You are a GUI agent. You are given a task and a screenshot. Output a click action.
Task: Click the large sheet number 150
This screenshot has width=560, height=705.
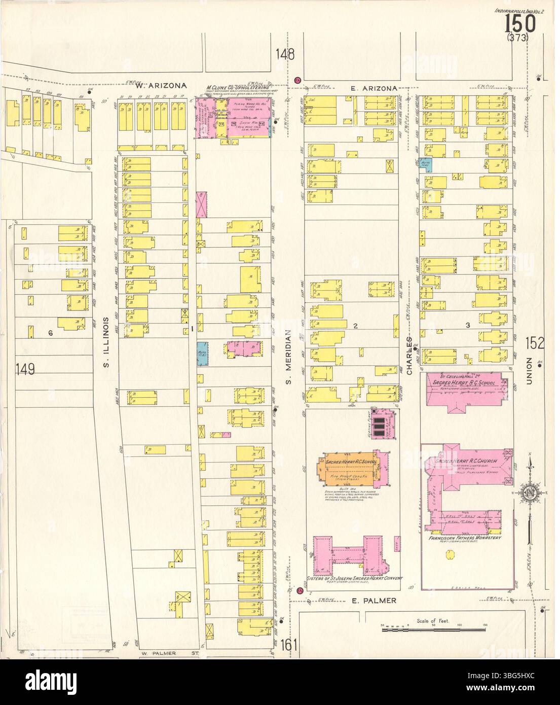coord(520,23)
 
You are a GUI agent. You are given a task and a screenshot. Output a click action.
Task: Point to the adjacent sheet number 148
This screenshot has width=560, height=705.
coord(285,55)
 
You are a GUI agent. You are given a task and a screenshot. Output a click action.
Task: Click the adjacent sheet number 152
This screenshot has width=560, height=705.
coord(535,343)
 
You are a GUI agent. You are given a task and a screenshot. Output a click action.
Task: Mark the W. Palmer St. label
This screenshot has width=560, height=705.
coord(158,653)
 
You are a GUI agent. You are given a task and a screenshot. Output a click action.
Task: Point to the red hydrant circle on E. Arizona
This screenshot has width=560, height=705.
coord(298,80)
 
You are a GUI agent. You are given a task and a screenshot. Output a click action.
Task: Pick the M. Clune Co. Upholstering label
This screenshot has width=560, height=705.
coord(237,88)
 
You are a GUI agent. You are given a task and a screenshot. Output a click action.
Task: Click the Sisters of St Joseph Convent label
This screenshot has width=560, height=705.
coord(355,578)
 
